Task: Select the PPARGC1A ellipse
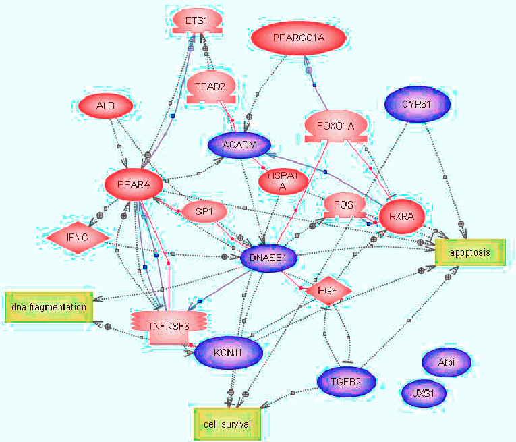299,40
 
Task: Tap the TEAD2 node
210,87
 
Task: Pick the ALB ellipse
105,106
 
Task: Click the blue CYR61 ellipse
415,105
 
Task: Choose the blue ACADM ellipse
239,144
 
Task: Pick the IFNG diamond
78,237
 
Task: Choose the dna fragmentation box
49,307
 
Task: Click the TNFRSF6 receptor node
159,327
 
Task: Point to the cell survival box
227,424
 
